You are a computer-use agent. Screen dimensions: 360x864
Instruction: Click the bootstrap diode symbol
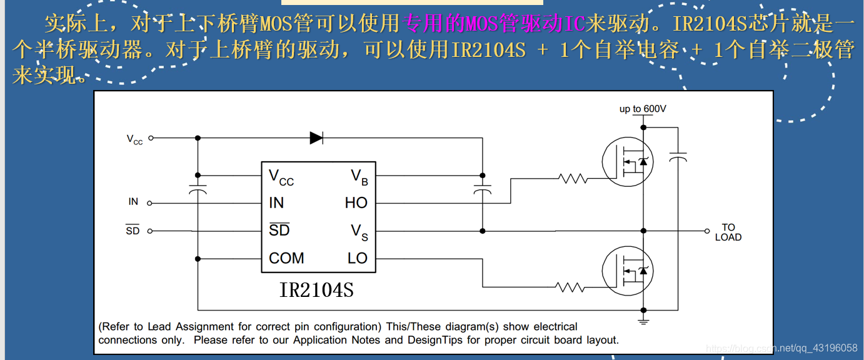click(316, 138)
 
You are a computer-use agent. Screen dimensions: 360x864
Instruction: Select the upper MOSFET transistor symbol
click(628, 162)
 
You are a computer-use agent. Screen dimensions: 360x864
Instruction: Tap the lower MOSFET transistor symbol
click(628, 271)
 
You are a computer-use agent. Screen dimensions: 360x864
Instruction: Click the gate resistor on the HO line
click(573, 179)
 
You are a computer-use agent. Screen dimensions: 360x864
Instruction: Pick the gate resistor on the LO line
click(570, 287)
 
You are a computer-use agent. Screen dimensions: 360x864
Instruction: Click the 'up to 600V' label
click(643, 109)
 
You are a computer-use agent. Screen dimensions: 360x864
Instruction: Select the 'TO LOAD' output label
click(728, 232)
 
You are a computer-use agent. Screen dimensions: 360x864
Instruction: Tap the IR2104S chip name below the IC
click(316, 290)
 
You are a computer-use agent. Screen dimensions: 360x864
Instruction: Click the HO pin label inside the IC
click(356, 203)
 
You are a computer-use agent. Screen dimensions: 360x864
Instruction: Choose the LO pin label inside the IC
click(358, 258)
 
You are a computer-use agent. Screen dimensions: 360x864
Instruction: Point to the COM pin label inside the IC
click(286, 258)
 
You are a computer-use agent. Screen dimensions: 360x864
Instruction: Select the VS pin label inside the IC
click(359, 232)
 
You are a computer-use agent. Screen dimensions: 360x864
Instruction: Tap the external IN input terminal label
click(133, 202)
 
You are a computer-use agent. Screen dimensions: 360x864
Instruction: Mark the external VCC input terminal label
click(134, 139)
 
